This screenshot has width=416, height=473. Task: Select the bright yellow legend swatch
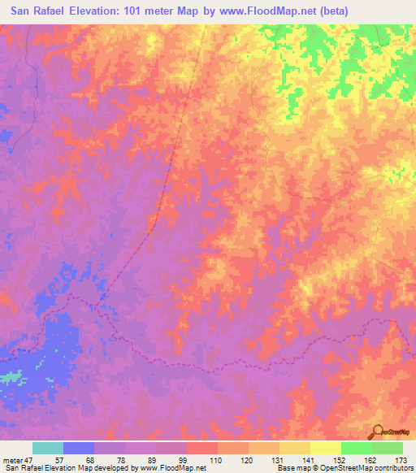[x=325, y=447]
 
